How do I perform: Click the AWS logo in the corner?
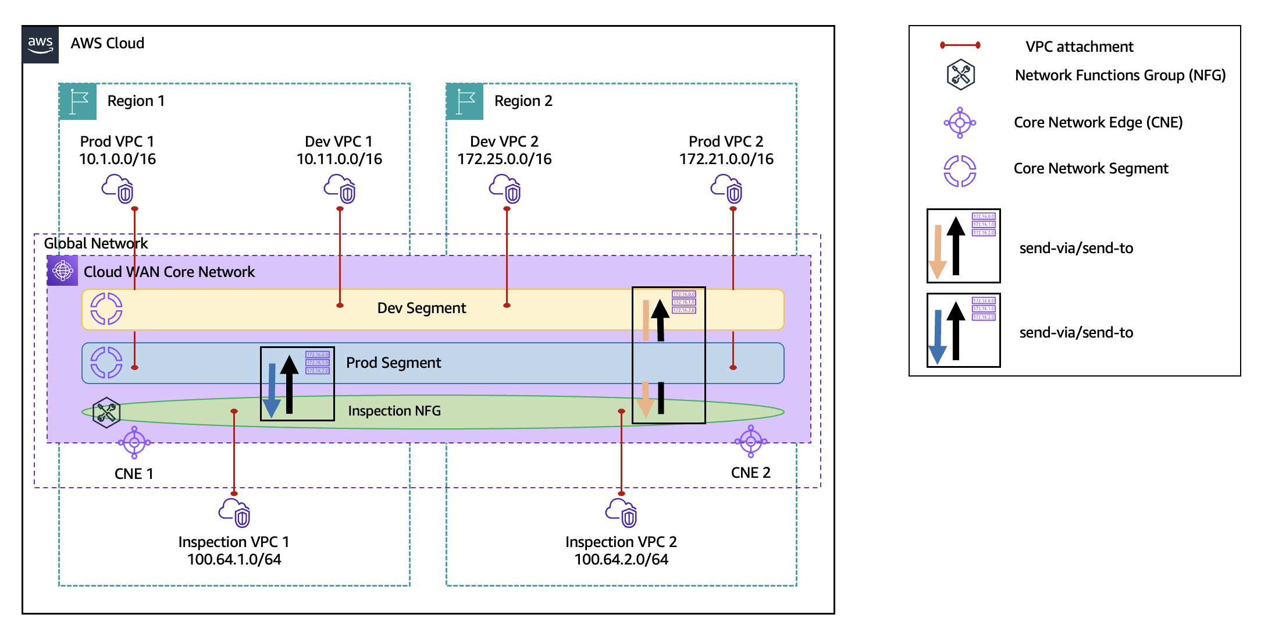pyautogui.click(x=41, y=44)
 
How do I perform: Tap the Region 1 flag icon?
pyautogui.click(x=78, y=101)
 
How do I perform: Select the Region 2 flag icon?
pyautogui.click(x=465, y=101)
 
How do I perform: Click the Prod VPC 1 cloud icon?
pyautogui.click(x=118, y=189)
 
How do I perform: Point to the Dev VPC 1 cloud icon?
pyautogui.click(x=340, y=189)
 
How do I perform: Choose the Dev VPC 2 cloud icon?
pyautogui.click(x=505, y=189)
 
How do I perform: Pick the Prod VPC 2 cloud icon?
pyautogui.click(x=727, y=189)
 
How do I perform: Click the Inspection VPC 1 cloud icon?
pyautogui.click(x=234, y=512)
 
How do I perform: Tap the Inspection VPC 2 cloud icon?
pyautogui.click(x=621, y=512)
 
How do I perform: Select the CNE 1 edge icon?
pyautogui.click(x=134, y=443)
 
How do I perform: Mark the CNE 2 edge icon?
pyautogui.click(x=751, y=442)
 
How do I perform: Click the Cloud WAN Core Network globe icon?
pyautogui.click(x=63, y=271)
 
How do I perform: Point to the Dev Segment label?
pyautogui.click(x=422, y=308)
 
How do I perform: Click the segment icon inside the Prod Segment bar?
pyautogui.click(x=106, y=363)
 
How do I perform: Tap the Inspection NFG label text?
pyautogui.click(x=394, y=411)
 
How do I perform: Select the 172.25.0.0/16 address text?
pyautogui.click(x=504, y=159)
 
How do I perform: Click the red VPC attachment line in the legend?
pyautogui.click(x=960, y=45)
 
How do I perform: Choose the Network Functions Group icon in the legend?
pyautogui.click(x=961, y=74)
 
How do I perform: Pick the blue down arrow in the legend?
pyautogui.click(x=937, y=338)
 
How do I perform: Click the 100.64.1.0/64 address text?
pyautogui.click(x=234, y=560)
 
